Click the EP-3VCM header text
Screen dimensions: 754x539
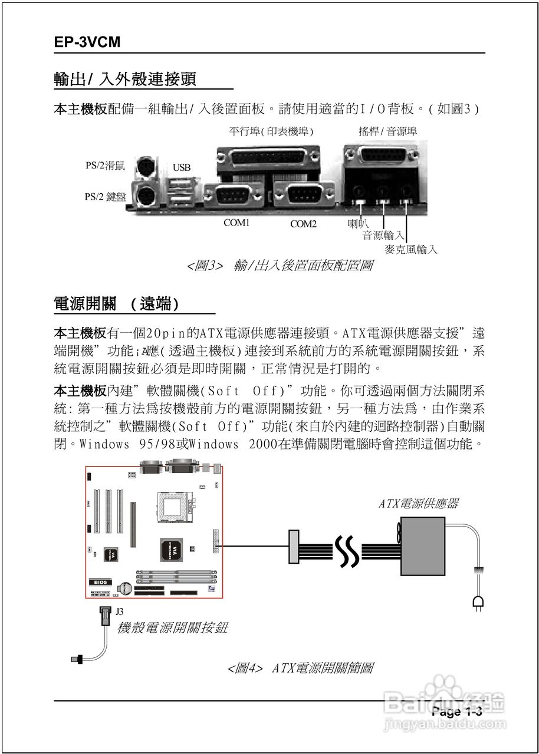(87, 43)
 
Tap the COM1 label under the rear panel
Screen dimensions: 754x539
(236, 223)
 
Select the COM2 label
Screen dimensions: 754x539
(303, 224)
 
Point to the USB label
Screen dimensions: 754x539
(182, 168)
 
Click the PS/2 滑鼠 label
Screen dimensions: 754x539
(105, 166)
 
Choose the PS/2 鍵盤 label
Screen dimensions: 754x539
(105, 197)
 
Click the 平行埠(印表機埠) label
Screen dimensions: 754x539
(271, 131)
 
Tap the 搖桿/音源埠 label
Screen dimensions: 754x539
(387, 131)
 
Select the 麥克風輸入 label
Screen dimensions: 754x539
(411, 249)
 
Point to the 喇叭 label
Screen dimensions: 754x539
(358, 223)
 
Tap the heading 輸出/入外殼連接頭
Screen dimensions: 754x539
(124, 78)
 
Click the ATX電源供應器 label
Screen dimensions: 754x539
(418, 504)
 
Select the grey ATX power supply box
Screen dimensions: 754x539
(422, 546)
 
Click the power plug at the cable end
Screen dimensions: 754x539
(478, 602)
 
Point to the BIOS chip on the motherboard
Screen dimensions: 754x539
(98, 582)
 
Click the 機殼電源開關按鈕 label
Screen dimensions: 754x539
(172, 628)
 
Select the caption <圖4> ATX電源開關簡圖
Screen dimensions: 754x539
(300, 668)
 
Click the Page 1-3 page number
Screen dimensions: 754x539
(457, 712)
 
